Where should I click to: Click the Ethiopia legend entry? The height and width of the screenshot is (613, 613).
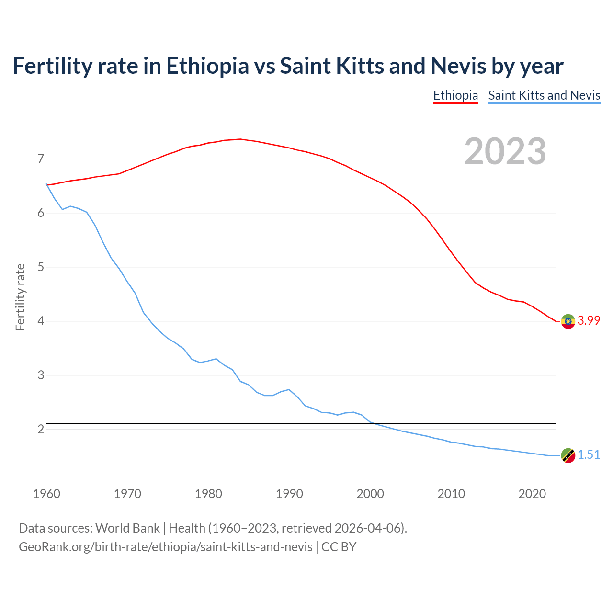point(455,95)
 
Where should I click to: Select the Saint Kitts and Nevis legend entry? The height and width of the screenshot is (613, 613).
point(544,95)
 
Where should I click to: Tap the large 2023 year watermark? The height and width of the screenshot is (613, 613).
point(505,151)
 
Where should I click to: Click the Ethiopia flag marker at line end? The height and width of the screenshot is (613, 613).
point(568,321)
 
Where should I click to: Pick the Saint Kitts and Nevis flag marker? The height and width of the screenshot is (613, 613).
point(568,455)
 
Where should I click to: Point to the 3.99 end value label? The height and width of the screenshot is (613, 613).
point(589,321)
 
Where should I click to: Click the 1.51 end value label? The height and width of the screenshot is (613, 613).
point(589,455)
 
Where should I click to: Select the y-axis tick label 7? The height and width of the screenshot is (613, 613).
point(41,159)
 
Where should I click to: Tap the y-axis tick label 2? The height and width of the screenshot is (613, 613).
point(41,429)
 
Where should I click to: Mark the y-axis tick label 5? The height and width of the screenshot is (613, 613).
point(41,267)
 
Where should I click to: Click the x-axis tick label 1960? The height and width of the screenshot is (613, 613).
point(46,494)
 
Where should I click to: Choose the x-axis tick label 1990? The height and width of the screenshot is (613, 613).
point(289,494)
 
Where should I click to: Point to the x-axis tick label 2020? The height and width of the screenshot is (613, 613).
point(532,494)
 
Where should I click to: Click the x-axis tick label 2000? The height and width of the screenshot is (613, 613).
point(370,494)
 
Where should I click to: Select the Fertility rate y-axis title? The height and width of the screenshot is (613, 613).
point(20,297)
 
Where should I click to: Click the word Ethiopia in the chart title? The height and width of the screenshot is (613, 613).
point(207,66)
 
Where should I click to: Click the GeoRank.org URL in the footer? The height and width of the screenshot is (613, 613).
point(165,547)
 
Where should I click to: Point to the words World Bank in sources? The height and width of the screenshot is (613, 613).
point(127,528)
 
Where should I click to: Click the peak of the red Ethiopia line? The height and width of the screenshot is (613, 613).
point(240,139)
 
